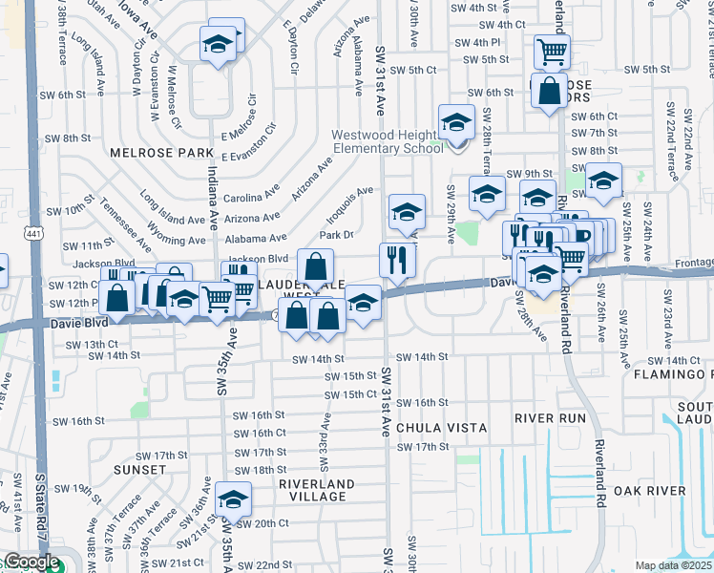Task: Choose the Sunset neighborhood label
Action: tap(139, 470)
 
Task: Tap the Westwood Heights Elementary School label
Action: tap(388, 141)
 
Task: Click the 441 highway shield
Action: tap(35, 233)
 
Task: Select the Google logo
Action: tap(31, 562)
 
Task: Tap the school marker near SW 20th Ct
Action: tap(233, 499)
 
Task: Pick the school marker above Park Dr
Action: tap(407, 211)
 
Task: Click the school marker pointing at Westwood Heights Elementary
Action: tap(457, 122)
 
